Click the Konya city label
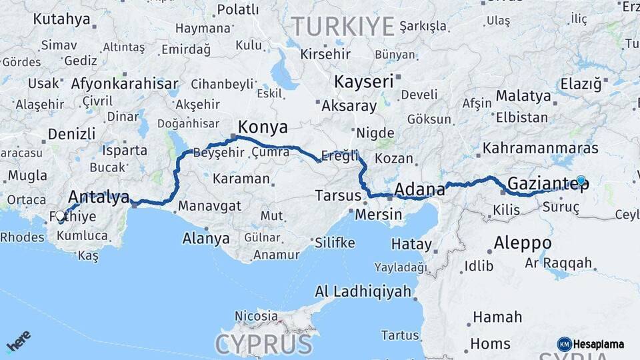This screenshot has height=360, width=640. (x=263, y=127)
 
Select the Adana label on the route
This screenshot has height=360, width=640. (x=419, y=190)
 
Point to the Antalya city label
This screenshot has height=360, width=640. (x=99, y=197)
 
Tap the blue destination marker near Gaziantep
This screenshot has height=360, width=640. (x=581, y=180)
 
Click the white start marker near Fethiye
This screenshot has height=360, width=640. (x=60, y=216)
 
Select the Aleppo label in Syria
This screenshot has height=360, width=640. (x=523, y=242)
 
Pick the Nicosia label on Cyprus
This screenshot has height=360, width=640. (x=256, y=315)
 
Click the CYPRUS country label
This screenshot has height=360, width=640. (x=264, y=344)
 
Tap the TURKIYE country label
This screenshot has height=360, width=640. (x=343, y=27)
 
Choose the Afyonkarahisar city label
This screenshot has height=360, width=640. (x=125, y=84)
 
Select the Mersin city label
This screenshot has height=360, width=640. (x=378, y=215)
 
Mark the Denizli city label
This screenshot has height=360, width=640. (x=73, y=133)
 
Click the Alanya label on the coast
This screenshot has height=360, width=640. (x=206, y=238)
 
